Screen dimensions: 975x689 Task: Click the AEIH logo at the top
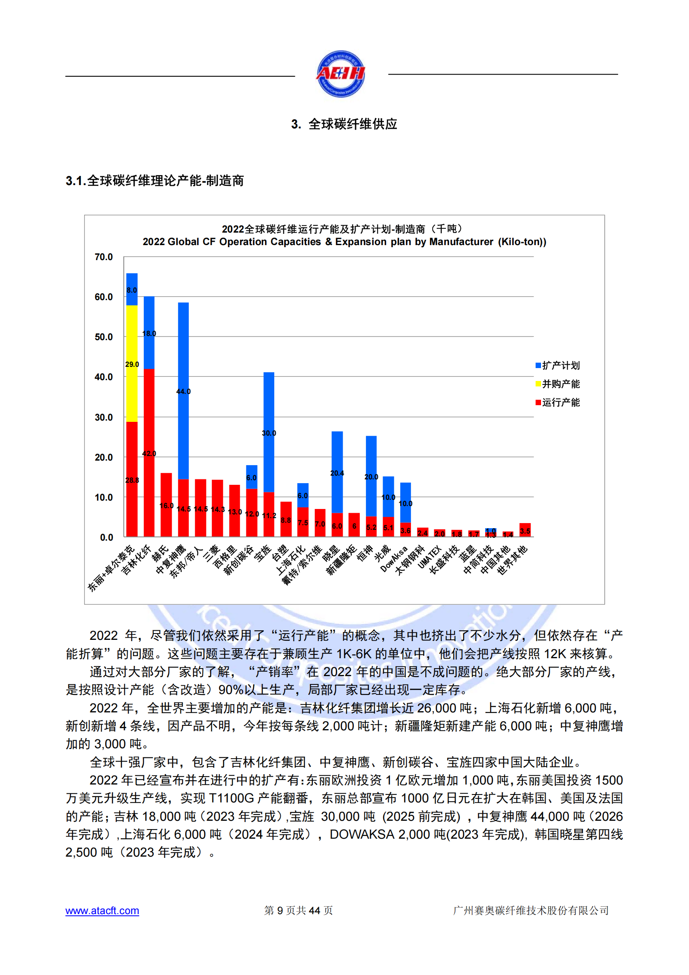coord(341,74)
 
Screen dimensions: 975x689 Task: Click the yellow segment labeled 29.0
coord(132,363)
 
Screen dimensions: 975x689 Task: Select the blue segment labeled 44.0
coord(183,391)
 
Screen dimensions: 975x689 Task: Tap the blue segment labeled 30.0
coord(269,432)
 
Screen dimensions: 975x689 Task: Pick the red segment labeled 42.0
coord(149,453)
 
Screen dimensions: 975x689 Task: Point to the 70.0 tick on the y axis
coord(104,257)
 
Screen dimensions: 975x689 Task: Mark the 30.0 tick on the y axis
coord(104,417)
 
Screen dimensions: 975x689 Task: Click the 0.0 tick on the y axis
coord(106,538)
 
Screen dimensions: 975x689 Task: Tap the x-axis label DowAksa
coord(394,559)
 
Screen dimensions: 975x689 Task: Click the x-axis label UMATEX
coord(430,558)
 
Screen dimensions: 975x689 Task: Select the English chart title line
coord(344,242)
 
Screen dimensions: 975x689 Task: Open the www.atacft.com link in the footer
coord(102,910)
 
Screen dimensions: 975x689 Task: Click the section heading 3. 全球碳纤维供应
coord(344,124)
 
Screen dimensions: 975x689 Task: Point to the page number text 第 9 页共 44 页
coord(298,910)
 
